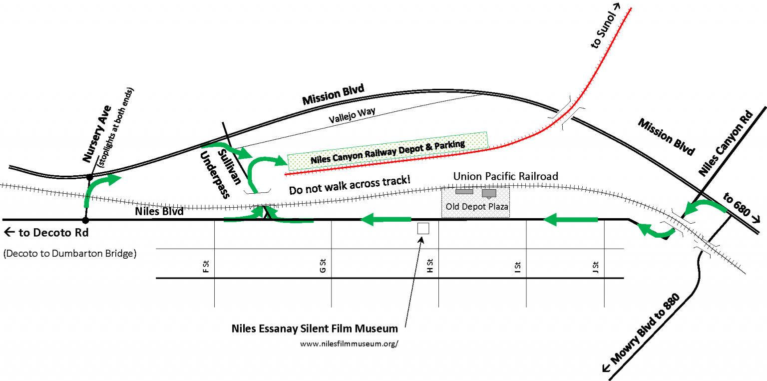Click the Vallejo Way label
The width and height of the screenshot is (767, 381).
pos(352,116)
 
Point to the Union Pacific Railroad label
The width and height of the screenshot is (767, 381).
pos(505,176)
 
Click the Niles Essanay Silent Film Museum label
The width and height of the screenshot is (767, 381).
pos(315,329)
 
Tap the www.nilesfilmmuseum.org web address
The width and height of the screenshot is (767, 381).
pos(349,344)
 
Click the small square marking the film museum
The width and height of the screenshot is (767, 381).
pos(423,228)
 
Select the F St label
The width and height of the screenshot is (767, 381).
pos(205,268)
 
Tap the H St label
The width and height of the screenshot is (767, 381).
pos(430,267)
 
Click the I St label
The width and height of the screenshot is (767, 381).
pos(518,268)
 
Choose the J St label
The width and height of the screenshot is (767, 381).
pos(595,267)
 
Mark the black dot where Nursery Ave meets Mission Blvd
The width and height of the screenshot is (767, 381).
pos(90,177)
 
